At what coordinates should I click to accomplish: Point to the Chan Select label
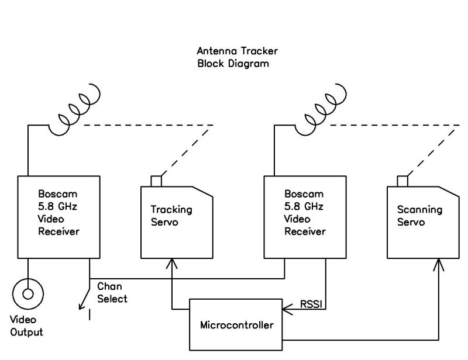click(x=112, y=292)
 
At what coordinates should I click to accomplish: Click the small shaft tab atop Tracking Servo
click(x=156, y=181)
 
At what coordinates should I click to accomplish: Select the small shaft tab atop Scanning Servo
click(x=402, y=181)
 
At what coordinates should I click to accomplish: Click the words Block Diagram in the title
click(x=233, y=64)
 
